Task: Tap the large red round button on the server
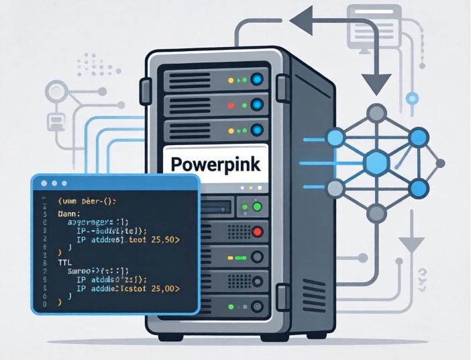256,232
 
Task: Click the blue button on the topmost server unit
257,80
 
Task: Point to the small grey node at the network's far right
440,163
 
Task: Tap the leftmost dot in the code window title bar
44,183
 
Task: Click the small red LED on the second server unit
231,105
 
